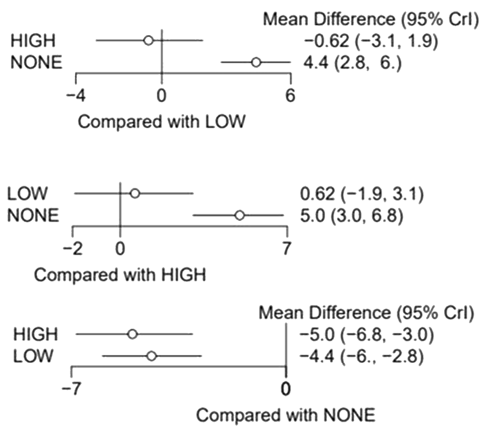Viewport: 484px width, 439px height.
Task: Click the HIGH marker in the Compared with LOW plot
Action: click(149, 40)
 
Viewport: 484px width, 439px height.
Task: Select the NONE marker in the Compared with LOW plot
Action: click(256, 62)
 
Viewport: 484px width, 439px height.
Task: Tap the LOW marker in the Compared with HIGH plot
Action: click(135, 194)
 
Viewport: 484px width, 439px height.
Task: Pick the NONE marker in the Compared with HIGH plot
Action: click(239, 215)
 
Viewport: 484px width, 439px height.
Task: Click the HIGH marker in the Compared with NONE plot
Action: click(132, 334)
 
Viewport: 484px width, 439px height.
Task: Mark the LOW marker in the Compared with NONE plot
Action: click(152, 356)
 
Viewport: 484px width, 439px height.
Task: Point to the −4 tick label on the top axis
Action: click(76, 96)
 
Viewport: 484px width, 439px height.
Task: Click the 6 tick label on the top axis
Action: click(290, 96)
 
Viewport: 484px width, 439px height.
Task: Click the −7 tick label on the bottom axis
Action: click(72, 389)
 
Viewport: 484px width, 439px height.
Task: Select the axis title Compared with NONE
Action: click(286, 416)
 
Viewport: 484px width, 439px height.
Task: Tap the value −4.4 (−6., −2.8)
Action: click(361, 356)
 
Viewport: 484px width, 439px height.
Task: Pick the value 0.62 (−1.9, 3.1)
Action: click(363, 194)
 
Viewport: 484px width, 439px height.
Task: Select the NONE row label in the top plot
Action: click(37, 62)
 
